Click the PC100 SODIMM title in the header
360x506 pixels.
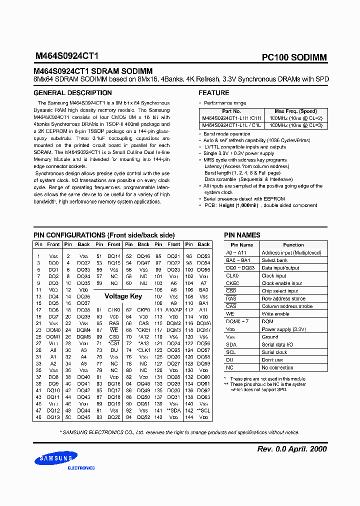pyautogui.click(x=294, y=57)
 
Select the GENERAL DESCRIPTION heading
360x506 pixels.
pyautogui.click(x=72, y=93)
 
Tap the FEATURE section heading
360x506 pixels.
pyautogui.click(x=214, y=93)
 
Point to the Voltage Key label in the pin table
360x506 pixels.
pyautogui.click(x=123, y=296)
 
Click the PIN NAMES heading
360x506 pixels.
pyautogui.click(x=242, y=235)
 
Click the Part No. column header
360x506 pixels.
pyautogui.click(x=231, y=111)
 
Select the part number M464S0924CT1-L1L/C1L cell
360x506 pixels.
pyautogui.click(x=231, y=125)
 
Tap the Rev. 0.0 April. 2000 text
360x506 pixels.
pyautogui.click(x=292, y=448)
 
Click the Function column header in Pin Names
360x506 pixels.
pyautogui.click(x=293, y=245)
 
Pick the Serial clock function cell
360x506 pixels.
pyautogui.click(x=274, y=352)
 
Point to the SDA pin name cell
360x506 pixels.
pyautogui.click(x=230, y=344)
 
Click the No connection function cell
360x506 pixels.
pyautogui.click(x=277, y=367)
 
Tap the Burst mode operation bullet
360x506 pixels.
pyautogui.click(x=227, y=134)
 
